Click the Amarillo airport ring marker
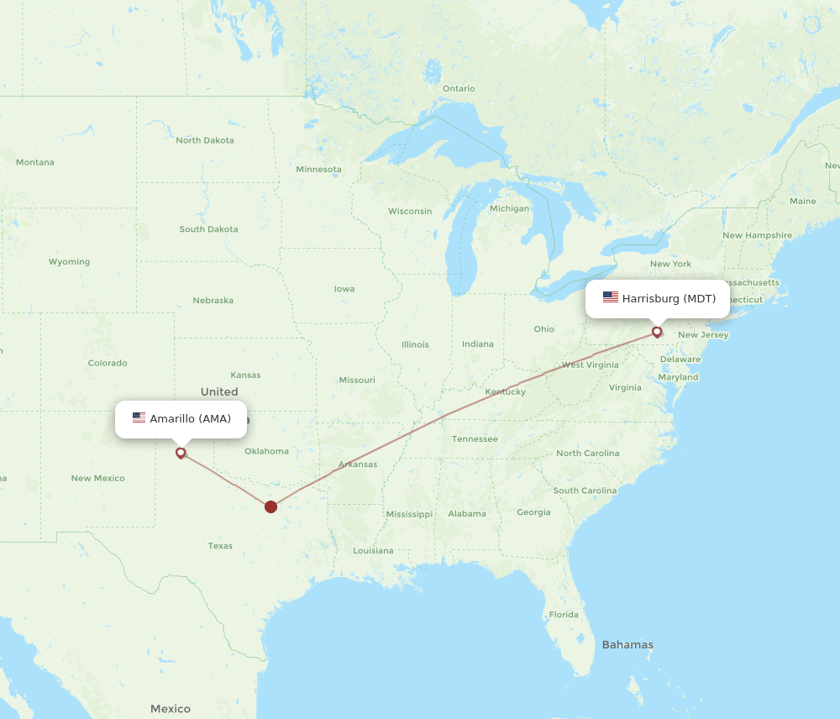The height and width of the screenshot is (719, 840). click(x=181, y=453)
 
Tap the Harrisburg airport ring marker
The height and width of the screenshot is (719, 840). click(x=657, y=332)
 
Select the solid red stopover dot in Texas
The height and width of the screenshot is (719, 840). click(x=270, y=506)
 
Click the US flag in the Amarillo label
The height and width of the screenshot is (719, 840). click(x=139, y=418)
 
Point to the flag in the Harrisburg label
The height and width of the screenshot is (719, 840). click(x=610, y=298)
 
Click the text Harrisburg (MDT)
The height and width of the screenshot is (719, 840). click(x=669, y=298)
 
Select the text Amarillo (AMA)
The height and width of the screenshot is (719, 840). click(x=190, y=418)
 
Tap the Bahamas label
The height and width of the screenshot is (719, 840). click(x=627, y=644)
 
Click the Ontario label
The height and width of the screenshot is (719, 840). click(x=459, y=88)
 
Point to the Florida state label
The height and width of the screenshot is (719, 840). click(x=564, y=614)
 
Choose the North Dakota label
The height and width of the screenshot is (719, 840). click(x=205, y=140)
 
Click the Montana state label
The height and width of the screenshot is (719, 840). click(x=34, y=162)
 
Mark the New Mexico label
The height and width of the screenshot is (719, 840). click(x=97, y=478)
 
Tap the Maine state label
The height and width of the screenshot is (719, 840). click(x=802, y=201)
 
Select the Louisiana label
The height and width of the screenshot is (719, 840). click(x=373, y=551)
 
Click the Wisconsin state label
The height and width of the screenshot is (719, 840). click(x=410, y=211)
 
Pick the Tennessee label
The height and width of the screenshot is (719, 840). click(x=475, y=438)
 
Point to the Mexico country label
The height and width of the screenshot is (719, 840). click(x=171, y=708)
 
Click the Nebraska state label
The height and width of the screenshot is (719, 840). click(x=213, y=300)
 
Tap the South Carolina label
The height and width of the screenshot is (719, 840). click(x=585, y=491)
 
